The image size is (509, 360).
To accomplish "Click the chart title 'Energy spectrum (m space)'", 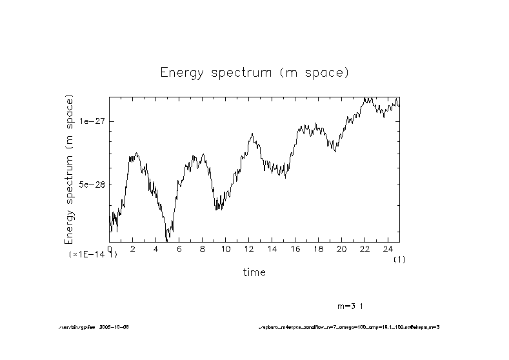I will pos(254,73).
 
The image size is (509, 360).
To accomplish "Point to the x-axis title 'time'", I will pos(254,272).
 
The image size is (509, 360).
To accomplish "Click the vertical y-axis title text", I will pos(70,169).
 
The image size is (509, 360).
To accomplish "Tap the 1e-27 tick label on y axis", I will pos(92,121).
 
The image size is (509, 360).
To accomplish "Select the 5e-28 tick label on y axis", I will pos(92,185).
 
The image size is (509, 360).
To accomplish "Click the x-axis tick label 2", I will pos(133,249).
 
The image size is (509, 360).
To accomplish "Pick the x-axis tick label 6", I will pos(179,249).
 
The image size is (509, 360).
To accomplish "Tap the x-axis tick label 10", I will pos(225,249).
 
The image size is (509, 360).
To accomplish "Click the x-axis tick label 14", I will pos(272,249).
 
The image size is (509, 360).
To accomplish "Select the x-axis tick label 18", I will pos(318,249).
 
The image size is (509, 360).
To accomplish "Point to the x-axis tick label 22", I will pos(364,249).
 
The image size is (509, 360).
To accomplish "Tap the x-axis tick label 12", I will pos(248,249).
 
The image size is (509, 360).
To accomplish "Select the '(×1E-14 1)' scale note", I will pos(93,255).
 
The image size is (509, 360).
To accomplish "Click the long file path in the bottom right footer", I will pos(348,328).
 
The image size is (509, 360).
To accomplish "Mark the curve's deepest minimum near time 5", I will pos(167,241).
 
